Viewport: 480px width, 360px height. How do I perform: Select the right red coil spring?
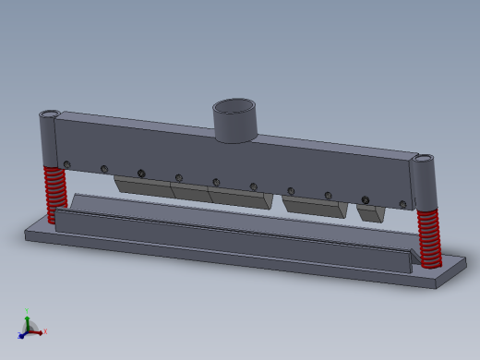point(428,237)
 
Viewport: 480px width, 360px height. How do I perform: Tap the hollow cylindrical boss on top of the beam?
point(234,121)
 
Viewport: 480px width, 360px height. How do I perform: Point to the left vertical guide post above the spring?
point(49,140)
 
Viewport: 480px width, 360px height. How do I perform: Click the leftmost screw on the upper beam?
point(67,164)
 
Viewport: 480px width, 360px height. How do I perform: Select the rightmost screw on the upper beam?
point(402,204)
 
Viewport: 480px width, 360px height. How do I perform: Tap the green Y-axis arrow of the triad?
point(28,320)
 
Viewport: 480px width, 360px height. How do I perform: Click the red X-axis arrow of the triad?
point(38,330)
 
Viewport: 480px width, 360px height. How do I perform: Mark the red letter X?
point(45,330)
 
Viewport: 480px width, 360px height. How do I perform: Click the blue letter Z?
point(18,337)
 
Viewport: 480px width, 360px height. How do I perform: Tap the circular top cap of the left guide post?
point(49,114)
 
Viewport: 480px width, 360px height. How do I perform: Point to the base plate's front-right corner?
point(435,285)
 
